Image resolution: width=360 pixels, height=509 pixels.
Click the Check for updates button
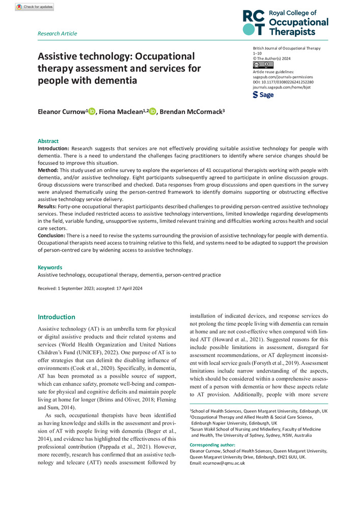coord(34,7)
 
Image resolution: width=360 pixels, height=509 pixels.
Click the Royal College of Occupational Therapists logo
coord(285,22)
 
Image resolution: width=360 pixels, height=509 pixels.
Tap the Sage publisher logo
coord(263,95)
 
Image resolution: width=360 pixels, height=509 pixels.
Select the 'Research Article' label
coord(58,34)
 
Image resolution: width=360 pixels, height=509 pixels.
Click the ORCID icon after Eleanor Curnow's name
coord(92,111)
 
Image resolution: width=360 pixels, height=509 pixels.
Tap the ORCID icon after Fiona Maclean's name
coord(153,111)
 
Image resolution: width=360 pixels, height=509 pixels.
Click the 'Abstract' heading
coord(48,141)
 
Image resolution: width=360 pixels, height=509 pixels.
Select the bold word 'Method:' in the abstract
coord(49,169)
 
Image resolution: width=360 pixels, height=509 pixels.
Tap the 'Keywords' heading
coord(50,267)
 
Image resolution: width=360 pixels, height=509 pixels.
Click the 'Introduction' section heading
coord(57,317)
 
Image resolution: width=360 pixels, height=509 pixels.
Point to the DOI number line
coord(283,82)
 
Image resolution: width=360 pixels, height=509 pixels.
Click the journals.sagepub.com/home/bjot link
coord(282,87)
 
